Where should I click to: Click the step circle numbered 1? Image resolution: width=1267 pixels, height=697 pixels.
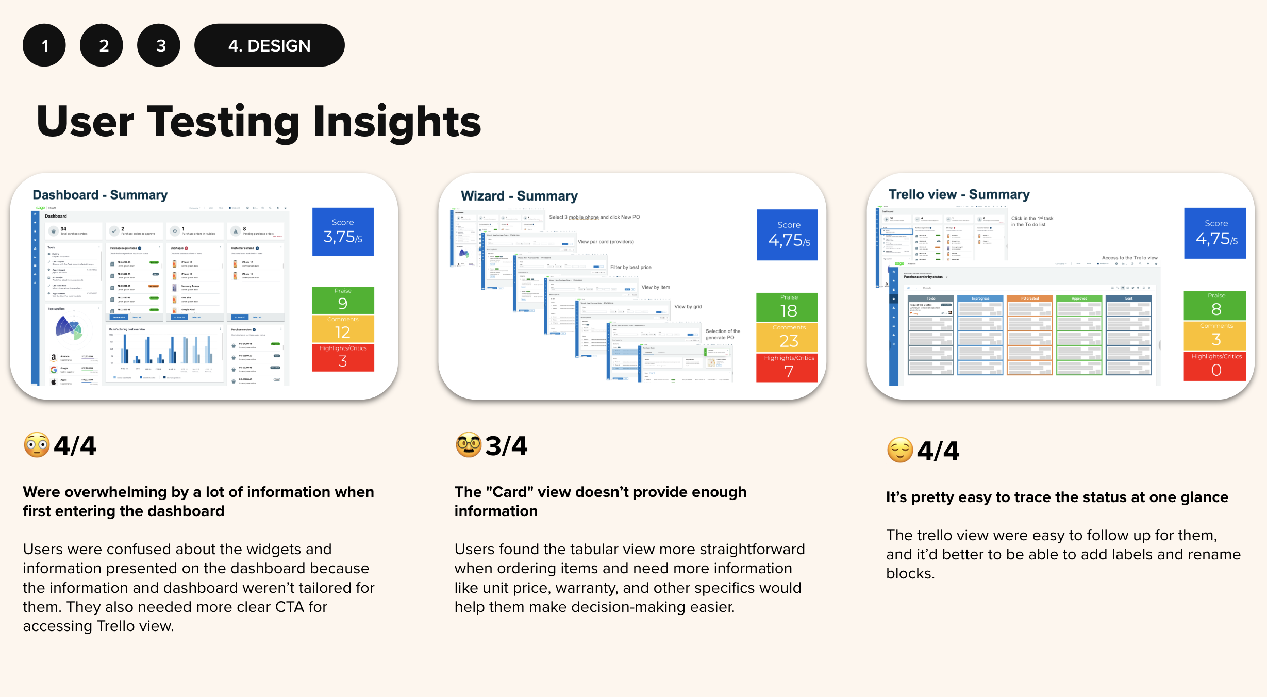[x=44, y=45]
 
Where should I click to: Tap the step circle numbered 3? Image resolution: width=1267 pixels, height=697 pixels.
[x=159, y=45]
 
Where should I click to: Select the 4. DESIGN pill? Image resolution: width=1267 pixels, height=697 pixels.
[x=269, y=45]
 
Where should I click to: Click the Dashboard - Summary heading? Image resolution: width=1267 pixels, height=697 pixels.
[x=100, y=195]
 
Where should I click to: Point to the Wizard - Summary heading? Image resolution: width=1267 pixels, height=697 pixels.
[x=519, y=196]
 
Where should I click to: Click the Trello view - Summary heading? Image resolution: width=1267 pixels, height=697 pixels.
[x=959, y=194]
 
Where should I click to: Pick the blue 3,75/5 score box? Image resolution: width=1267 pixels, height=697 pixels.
[x=343, y=231]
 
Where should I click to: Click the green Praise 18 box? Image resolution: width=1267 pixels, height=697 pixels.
[x=788, y=307]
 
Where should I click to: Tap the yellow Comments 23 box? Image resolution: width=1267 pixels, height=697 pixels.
[x=788, y=337]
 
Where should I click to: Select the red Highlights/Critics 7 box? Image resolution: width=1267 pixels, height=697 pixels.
[x=788, y=367]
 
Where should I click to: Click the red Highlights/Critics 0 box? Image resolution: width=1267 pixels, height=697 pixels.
[x=1215, y=366]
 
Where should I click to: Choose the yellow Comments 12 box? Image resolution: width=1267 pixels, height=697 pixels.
[x=343, y=328]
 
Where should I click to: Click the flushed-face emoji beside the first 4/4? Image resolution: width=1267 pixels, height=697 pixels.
[x=37, y=445]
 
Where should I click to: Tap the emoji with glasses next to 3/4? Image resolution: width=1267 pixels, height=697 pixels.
[x=468, y=445]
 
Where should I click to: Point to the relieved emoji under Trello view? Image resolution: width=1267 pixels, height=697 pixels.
[x=900, y=450]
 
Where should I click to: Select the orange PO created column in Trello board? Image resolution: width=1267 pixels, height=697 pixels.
[x=1029, y=335]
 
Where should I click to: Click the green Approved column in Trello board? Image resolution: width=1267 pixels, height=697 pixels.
[x=1079, y=335]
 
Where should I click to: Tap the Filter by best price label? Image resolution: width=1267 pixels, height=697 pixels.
[x=630, y=267]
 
